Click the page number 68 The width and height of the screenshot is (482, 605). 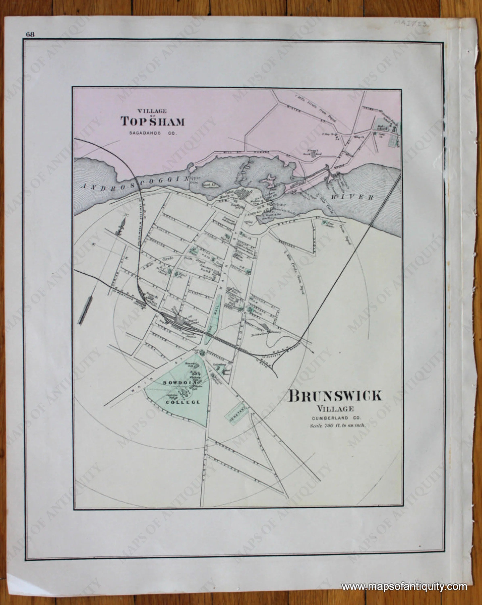(30, 34)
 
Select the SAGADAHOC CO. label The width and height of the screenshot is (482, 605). (153, 133)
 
